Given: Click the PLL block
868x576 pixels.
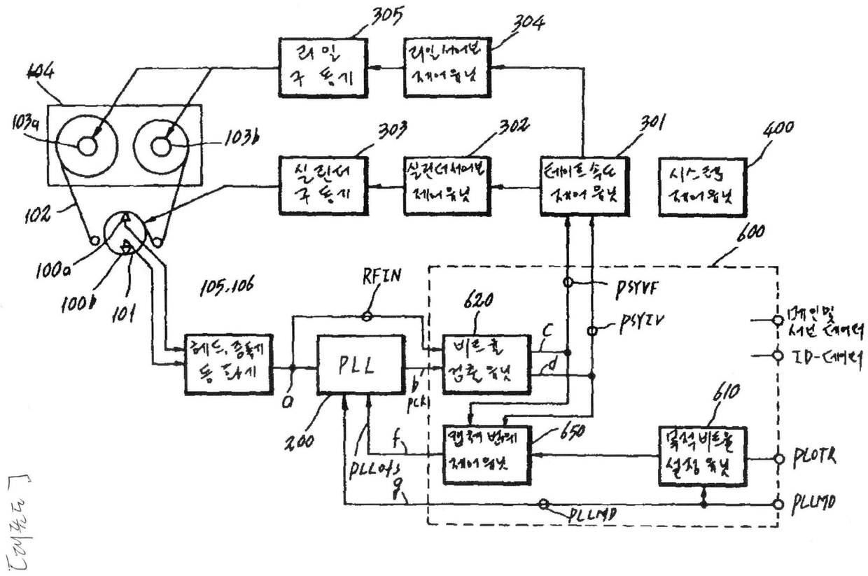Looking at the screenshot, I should pyautogui.click(x=361, y=364).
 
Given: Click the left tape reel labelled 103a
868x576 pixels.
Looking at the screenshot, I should pyautogui.click(x=87, y=146).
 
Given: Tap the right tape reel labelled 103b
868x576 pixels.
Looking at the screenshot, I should pyautogui.click(x=162, y=146).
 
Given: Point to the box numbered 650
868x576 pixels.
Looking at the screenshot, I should pyautogui.click(x=486, y=454).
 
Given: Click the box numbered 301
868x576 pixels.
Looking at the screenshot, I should pyautogui.click(x=585, y=186).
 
